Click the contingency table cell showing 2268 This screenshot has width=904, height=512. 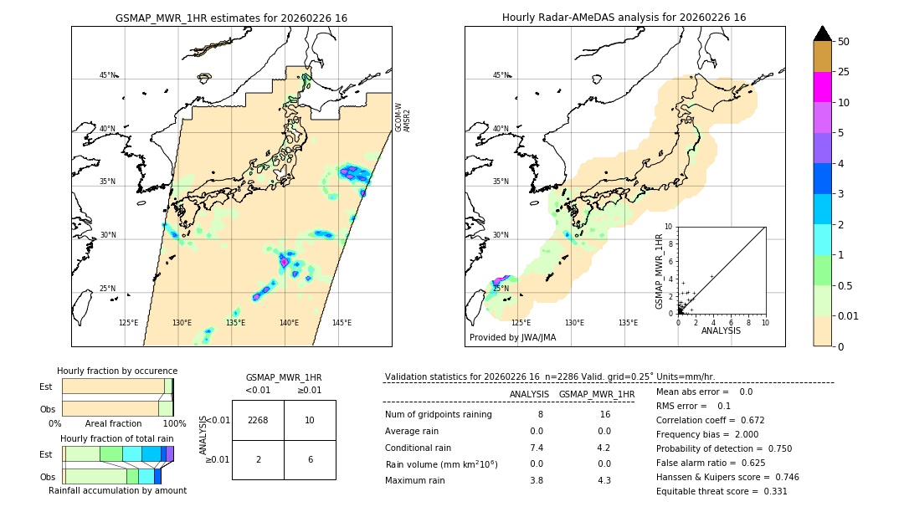tap(258, 420)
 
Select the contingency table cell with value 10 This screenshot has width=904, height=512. tap(310, 420)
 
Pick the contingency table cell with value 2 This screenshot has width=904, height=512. tap(258, 459)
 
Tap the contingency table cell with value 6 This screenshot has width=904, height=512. tap(310, 459)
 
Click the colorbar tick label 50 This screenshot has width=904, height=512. tap(844, 42)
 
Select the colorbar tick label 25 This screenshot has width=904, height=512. tap(844, 72)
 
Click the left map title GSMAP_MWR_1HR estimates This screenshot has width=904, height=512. tap(231, 18)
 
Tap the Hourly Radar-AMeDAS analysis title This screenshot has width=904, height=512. tap(624, 18)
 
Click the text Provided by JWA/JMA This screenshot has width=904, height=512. tap(512, 338)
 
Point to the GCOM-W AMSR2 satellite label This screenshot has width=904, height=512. tap(403, 118)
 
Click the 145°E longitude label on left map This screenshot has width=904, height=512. tap(342, 323)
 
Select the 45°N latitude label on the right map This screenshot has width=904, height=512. tap(501, 76)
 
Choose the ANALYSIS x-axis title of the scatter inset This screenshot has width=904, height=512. tap(721, 330)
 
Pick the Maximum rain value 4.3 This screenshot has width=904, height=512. tap(605, 480)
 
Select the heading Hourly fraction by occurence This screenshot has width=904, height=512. tap(117, 371)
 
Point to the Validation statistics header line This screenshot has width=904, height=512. tap(549, 377)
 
